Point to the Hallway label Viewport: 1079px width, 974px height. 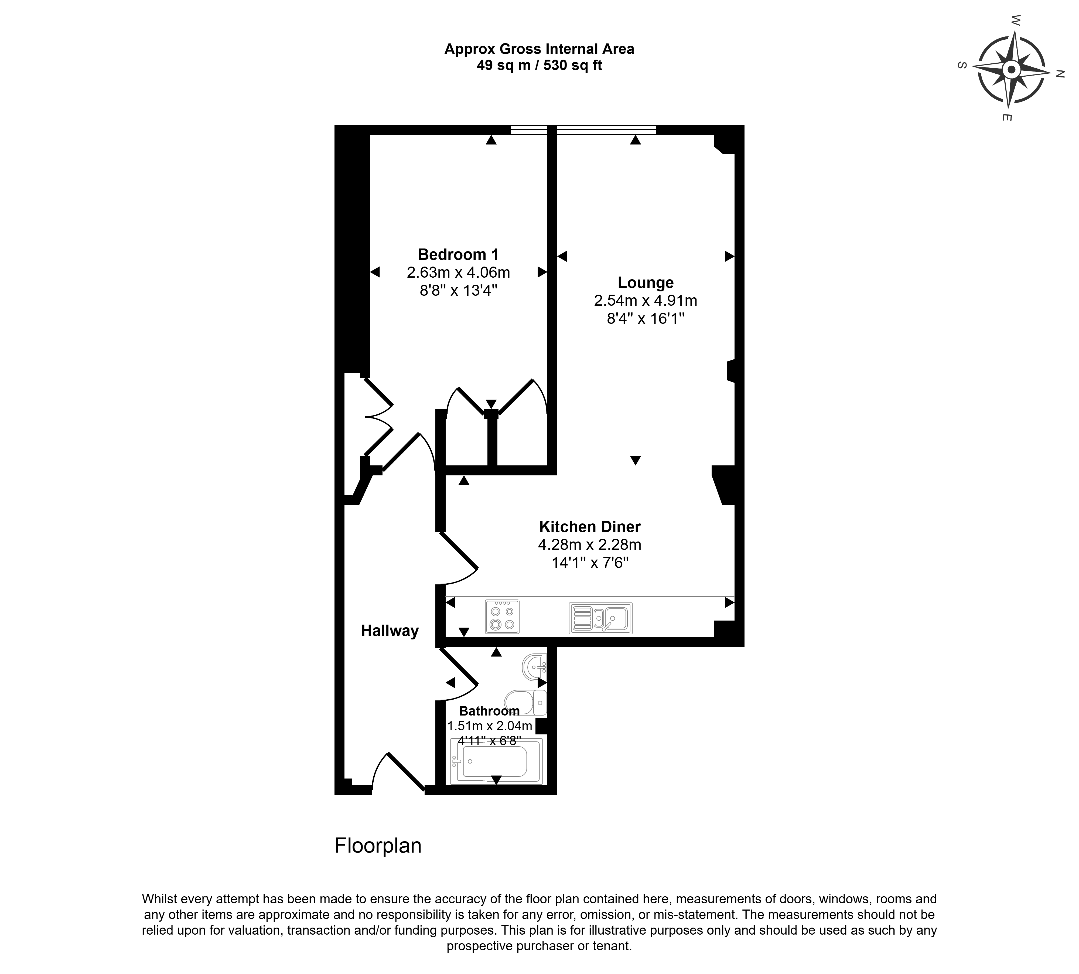[x=390, y=631]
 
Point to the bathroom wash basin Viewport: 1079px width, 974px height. [x=534, y=667]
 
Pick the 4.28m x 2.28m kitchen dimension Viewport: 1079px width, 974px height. [x=589, y=545]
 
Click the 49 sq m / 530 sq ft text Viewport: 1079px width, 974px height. [x=539, y=65]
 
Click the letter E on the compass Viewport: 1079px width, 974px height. [x=1006, y=117]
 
